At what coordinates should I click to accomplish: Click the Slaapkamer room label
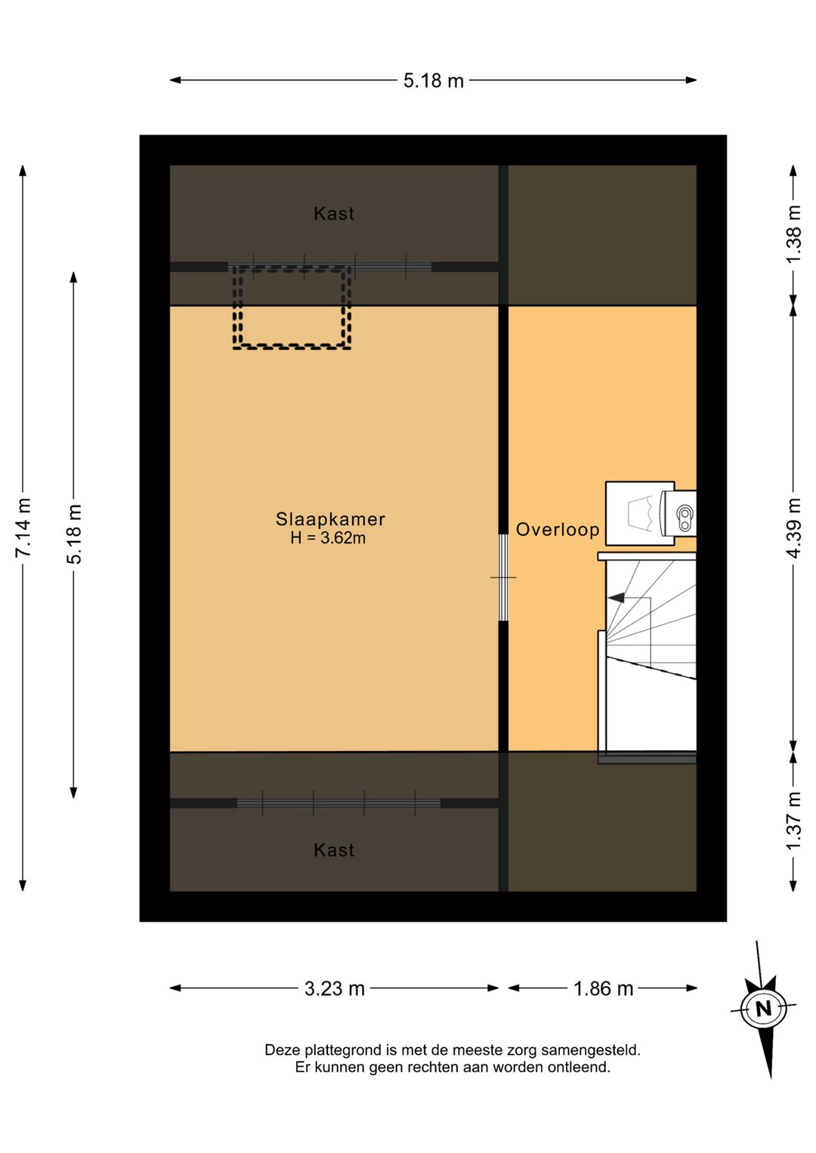click(x=330, y=519)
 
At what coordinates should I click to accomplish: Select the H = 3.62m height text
click(x=328, y=538)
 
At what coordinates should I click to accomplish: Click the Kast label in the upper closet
click(x=334, y=213)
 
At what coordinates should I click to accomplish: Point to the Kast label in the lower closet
click(x=334, y=850)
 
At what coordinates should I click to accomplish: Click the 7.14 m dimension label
click(x=23, y=527)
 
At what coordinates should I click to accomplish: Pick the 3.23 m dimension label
click(x=335, y=988)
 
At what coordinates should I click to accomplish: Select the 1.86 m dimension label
click(x=604, y=988)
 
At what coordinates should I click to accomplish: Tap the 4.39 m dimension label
click(x=794, y=527)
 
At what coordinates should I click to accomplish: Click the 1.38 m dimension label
click(x=794, y=233)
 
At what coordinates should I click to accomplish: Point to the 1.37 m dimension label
click(x=794, y=821)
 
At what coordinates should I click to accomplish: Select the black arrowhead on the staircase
click(x=616, y=598)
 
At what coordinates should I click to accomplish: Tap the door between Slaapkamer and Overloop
click(x=503, y=577)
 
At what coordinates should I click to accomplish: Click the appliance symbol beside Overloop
click(x=651, y=513)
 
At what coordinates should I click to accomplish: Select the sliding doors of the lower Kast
click(x=338, y=803)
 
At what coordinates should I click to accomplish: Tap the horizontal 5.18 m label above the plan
click(x=434, y=81)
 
